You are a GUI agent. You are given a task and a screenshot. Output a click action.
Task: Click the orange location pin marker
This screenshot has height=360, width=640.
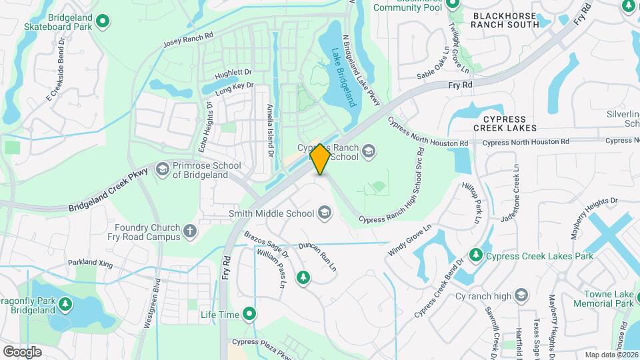[320, 159]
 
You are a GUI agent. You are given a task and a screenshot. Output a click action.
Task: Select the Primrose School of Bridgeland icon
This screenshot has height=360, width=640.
[162, 169]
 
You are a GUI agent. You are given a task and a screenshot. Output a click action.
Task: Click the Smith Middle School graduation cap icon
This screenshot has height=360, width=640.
[325, 213]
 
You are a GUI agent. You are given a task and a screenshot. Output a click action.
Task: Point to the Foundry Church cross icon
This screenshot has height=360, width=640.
[191, 231]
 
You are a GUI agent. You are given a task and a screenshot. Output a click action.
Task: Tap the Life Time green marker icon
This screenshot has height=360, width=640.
[249, 313]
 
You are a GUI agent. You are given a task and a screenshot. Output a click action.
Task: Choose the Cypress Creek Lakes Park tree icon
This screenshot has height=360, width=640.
[475, 255]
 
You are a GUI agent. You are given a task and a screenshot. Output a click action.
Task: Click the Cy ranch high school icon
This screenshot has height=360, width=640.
[521, 296]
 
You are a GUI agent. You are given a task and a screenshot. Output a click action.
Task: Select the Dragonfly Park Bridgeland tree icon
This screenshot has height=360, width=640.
[65, 305]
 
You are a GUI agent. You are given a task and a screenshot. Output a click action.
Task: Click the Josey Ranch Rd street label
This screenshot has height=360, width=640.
[188, 41]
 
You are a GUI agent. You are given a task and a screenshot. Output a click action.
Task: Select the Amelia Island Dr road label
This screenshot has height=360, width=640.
[271, 130]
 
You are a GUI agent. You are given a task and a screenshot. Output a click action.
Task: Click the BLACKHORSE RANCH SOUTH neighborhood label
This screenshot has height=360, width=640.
[505, 19]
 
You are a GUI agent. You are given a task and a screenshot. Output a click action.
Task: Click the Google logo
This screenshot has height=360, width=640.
[22, 351]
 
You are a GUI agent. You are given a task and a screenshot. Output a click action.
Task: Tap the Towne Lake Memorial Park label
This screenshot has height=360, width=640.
[607, 299]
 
